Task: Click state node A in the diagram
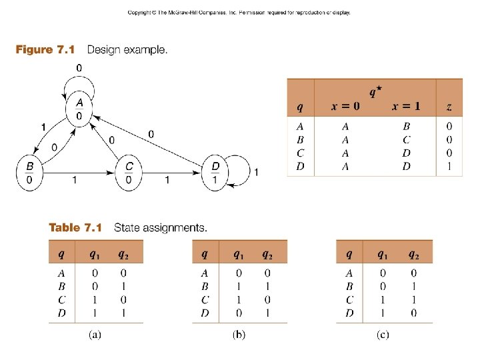point(79,109)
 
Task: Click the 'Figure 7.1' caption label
point(44,50)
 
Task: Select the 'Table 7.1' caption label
point(75,228)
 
